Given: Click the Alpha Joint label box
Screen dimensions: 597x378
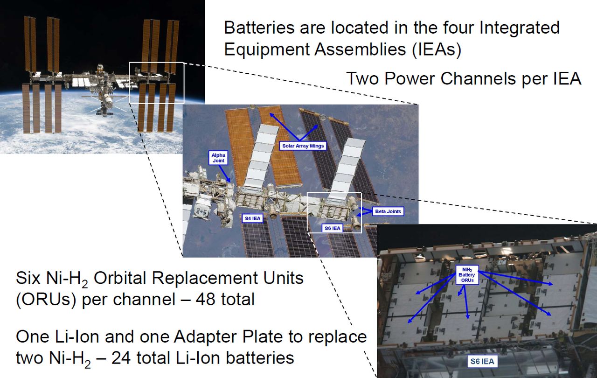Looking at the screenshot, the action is pyautogui.click(x=218, y=158).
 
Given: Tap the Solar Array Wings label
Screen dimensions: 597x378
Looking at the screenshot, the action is pyautogui.click(x=303, y=146).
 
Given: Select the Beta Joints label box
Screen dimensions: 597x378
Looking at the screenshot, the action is pyautogui.click(x=388, y=211).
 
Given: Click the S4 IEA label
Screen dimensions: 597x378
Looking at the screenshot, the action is pyautogui.click(x=253, y=218).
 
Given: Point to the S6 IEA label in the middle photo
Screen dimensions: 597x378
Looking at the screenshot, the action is pyautogui.click(x=333, y=228).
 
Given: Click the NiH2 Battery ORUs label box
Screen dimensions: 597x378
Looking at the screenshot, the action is pyautogui.click(x=467, y=275).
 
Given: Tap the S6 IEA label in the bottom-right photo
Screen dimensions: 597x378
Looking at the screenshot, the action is pyautogui.click(x=482, y=362).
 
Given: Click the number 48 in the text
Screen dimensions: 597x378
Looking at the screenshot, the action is pyautogui.click(x=206, y=299).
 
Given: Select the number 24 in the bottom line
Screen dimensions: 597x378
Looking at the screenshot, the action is pyautogui.click(x=121, y=358).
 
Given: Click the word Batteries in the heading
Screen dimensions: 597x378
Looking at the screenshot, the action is pyautogui.click(x=259, y=28).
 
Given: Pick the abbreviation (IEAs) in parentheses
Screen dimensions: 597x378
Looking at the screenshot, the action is pyautogui.click(x=437, y=49).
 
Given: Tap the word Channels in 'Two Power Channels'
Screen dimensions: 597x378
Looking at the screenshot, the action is pyautogui.click(x=479, y=79).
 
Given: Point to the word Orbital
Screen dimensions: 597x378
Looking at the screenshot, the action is pyautogui.click(x=120, y=278).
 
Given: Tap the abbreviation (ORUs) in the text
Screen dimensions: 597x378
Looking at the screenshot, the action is pyautogui.click(x=46, y=300).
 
